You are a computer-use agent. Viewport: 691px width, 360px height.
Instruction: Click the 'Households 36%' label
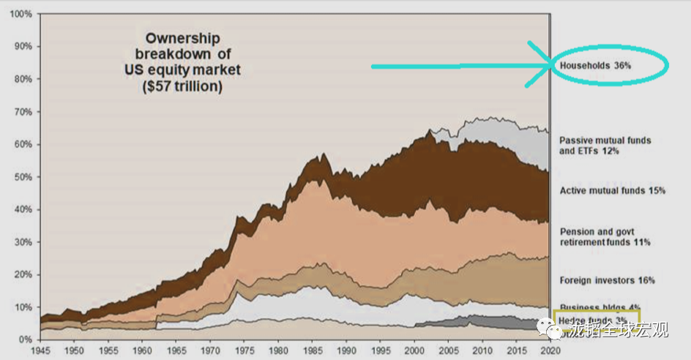(595, 65)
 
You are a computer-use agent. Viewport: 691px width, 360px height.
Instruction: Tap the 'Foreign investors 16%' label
(607, 280)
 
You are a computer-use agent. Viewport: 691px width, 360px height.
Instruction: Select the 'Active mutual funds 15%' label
(612, 191)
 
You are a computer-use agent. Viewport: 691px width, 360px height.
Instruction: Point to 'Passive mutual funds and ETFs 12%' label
(605, 146)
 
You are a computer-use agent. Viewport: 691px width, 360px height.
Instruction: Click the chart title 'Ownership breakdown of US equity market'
(182, 54)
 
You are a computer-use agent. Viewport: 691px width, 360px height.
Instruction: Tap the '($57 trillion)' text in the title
(183, 86)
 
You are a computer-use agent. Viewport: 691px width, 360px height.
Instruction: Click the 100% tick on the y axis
(20, 14)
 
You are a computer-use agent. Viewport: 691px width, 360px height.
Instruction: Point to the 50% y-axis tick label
(22, 177)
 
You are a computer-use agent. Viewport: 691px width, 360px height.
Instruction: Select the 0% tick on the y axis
(24, 340)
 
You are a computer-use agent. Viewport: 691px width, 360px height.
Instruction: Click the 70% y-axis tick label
(22, 112)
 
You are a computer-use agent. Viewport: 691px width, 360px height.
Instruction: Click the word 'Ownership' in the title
(182, 38)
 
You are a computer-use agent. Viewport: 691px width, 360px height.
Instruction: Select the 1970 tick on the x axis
(212, 350)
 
